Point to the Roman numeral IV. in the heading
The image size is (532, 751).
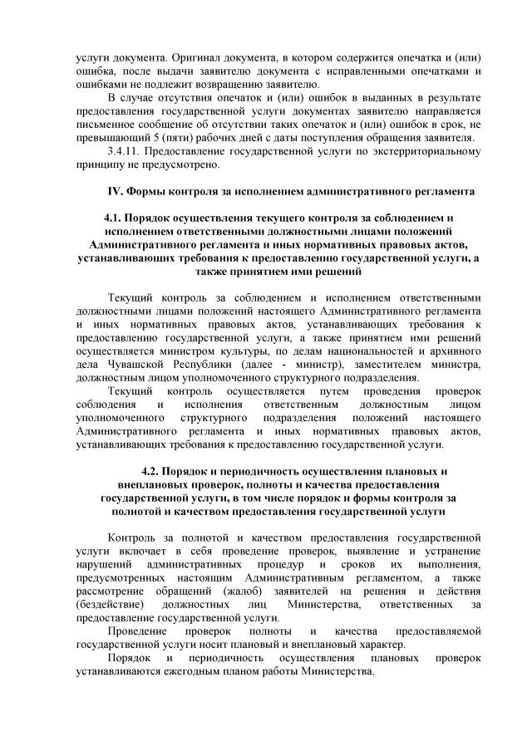tap(116, 192)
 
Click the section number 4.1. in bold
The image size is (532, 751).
tap(116, 218)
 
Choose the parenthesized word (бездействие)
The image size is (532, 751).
tap(110, 603)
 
